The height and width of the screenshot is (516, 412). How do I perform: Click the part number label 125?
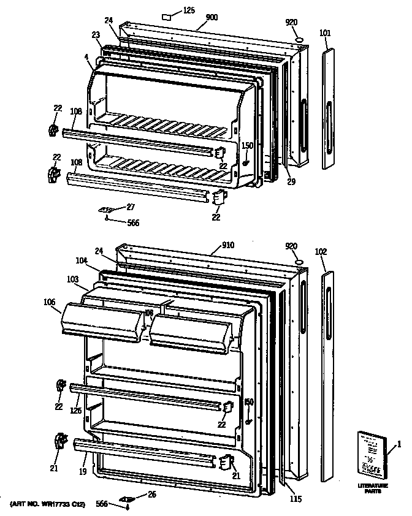(189, 11)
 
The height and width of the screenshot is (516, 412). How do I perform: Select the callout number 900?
(212, 18)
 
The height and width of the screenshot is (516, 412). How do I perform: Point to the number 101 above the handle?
(325, 33)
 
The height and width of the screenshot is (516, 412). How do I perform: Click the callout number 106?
(50, 302)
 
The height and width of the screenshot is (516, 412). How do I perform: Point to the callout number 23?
(96, 35)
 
